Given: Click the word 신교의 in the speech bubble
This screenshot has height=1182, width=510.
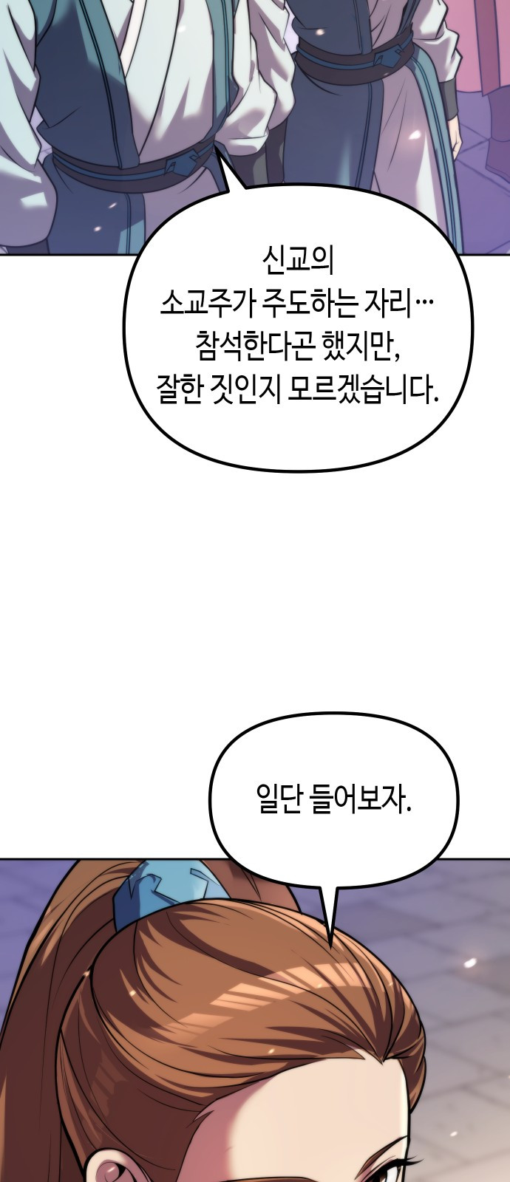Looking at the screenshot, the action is pyautogui.click(x=299, y=262).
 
